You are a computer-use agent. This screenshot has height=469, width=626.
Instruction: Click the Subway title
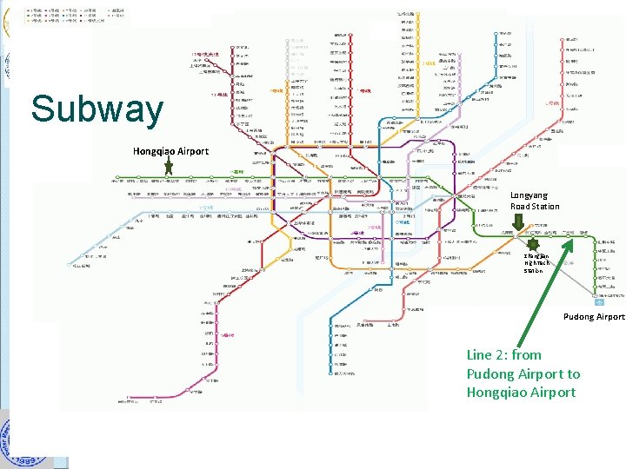tap(97, 110)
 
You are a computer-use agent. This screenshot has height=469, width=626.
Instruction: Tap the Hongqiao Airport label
tap(170, 151)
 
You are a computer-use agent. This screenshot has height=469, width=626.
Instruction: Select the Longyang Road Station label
tap(535, 201)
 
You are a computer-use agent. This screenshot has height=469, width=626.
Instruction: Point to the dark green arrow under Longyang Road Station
tap(516, 222)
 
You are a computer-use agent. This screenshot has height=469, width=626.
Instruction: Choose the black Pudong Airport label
tap(595, 316)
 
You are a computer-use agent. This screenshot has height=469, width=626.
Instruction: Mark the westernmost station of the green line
tap(119, 180)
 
